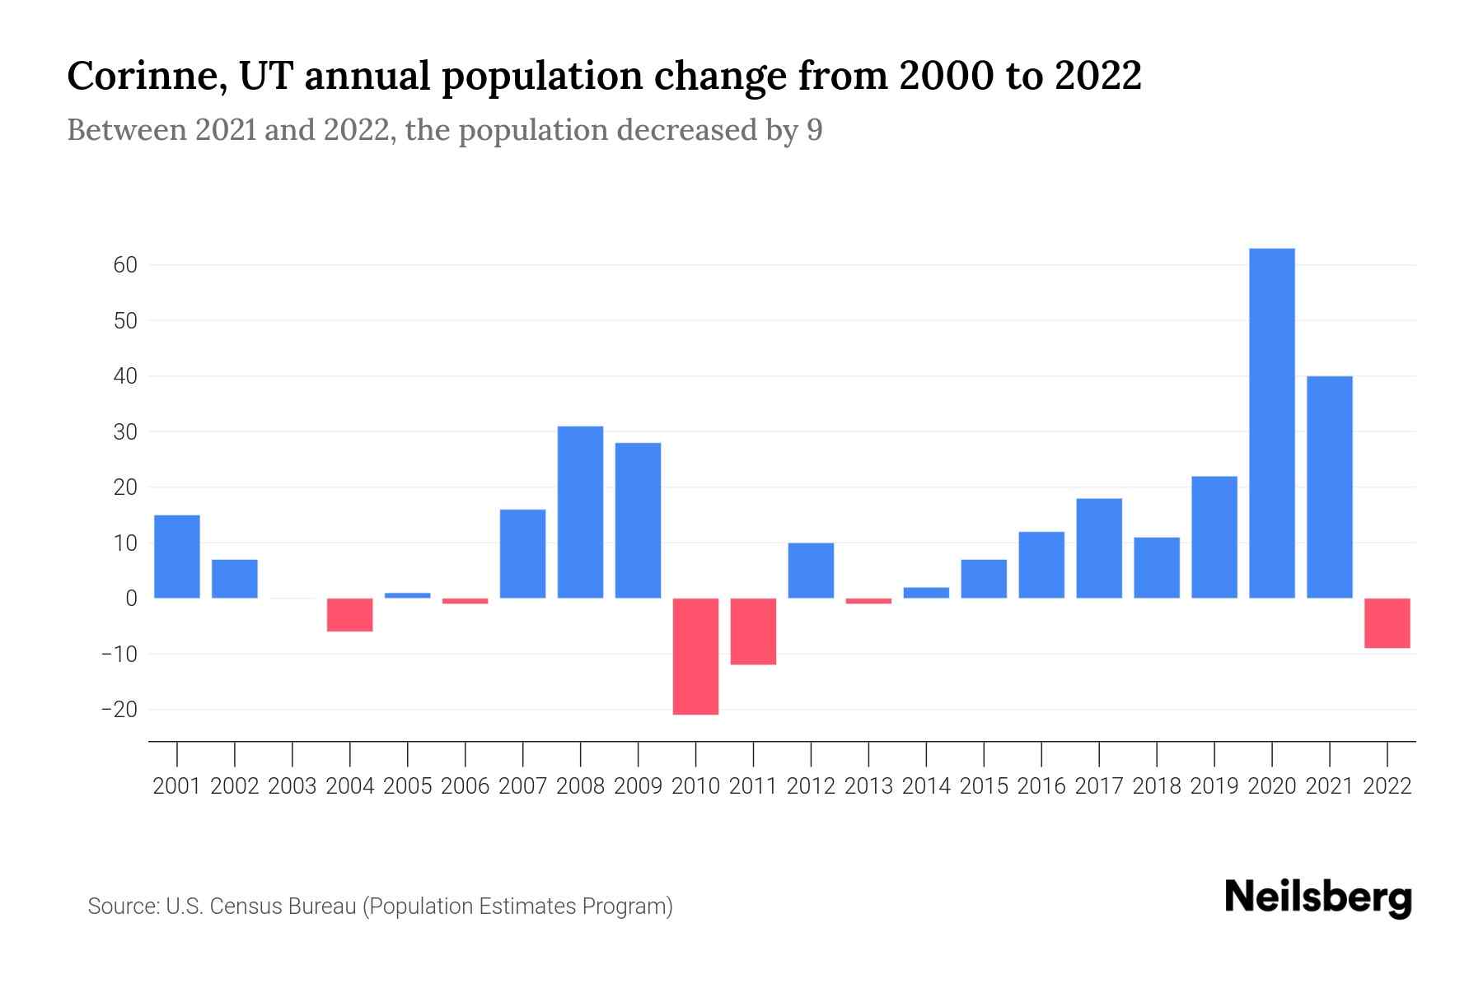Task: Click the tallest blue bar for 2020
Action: [x=1271, y=423]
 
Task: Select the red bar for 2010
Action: [x=695, y=656]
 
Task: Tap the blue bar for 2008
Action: [x=580, y=512]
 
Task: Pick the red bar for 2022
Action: [x=1387, y=623]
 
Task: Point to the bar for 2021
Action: [x=1329, y=487]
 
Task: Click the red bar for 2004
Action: [x=349, y=615]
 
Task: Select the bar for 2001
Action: [x=177, y=557]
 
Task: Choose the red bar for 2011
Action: [x=753, y=631]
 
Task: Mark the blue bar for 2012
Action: [x=811, y=571]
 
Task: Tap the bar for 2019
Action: [x=1214, y=537]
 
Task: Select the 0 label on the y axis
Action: [x=131, y=599]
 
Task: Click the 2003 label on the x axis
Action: [x=292, y=786]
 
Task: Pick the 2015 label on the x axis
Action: [x=984, y=786]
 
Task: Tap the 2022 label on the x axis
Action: [x=1387, y=786]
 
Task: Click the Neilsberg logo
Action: [x=1317, y=897]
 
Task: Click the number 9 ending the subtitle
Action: [x=814, y=130]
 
